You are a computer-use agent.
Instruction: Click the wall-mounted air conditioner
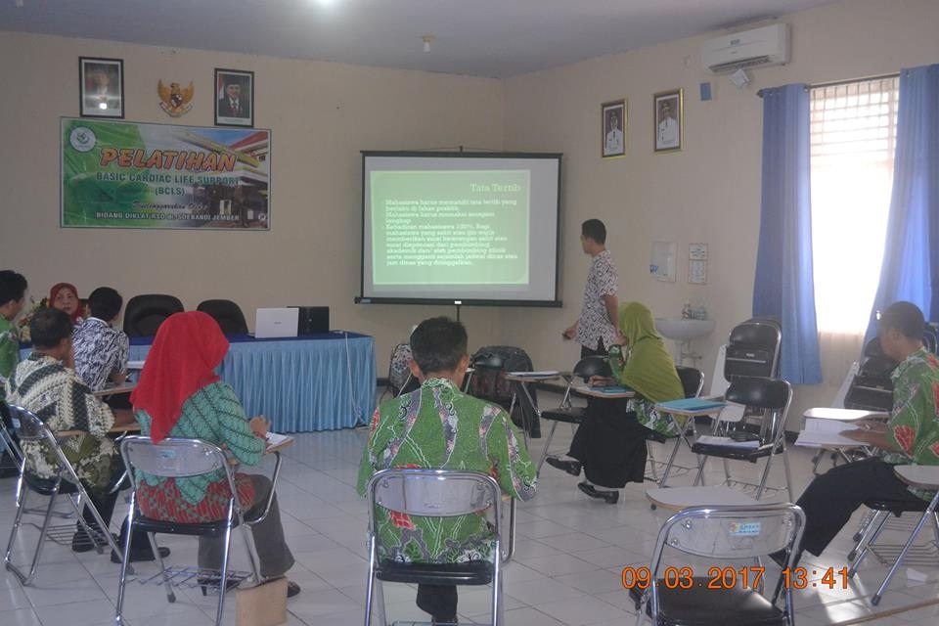pos(745,46)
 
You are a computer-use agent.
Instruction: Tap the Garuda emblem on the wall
pos(175,98)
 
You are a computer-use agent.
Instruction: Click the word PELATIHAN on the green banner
pos(168,159)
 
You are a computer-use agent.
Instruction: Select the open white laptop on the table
pos(276,323)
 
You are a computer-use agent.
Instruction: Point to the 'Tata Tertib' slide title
pos(495,187)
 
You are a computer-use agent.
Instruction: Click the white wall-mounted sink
pos(684,329)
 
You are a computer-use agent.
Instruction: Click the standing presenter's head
pos(593,234)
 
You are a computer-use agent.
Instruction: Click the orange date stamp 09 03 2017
pos(693,578)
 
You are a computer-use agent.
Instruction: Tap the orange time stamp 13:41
pos(815,578)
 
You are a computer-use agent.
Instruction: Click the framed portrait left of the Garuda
pos(101,87)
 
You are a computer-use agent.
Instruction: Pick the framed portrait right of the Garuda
pos(234,97)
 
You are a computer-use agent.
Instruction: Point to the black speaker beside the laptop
pos(313,320)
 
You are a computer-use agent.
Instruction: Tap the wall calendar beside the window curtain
pos(696,263)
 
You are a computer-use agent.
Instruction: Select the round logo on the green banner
pos(83,139)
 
